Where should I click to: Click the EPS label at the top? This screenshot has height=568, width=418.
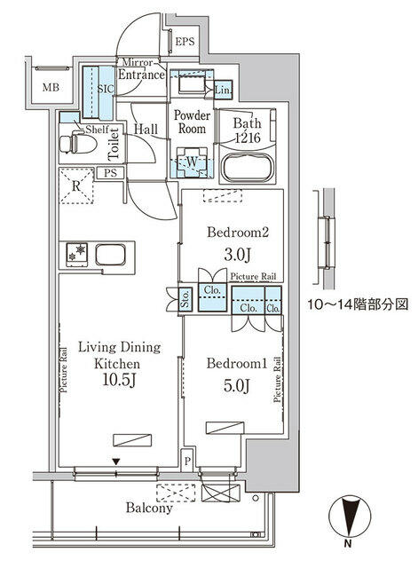(184, 42)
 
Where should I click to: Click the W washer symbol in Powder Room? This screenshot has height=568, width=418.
(189, 161)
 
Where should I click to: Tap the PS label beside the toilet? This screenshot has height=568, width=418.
(111, 173)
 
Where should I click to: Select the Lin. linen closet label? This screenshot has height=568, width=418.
(223, 91)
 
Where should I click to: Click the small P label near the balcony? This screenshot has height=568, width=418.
(188, 461)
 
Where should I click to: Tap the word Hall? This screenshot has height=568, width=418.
(146, 130)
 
